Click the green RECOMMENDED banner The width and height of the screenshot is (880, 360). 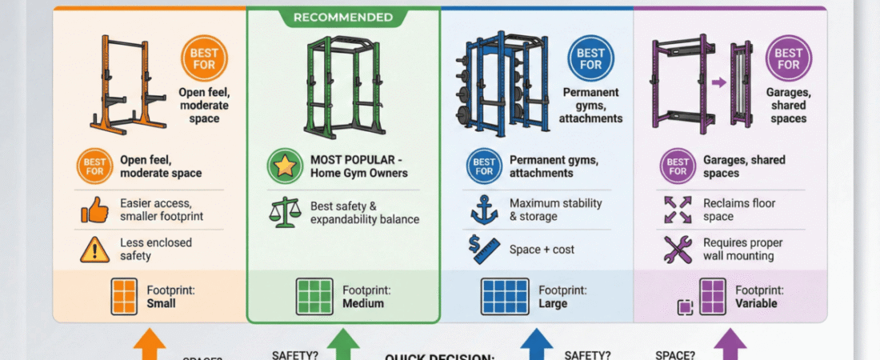click(x=343, y=17)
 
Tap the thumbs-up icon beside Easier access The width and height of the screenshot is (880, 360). click(x=94, y=210)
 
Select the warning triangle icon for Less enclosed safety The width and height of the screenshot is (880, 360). click(x=94, y=249)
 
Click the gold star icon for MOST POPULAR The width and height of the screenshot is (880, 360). click(x=286, y=166)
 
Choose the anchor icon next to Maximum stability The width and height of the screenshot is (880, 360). click(x=484, y=210)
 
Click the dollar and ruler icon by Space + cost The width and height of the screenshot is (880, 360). click(x=484, y=249)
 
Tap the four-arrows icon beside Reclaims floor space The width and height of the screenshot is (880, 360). click(x=677, y=210)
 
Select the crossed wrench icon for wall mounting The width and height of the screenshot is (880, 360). click(x=677, y=249)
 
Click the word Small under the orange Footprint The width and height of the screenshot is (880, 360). click(x=161, y=304)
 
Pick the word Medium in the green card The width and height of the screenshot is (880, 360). click(x=363, y=304)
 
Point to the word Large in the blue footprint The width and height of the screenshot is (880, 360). click(x=553, y=304)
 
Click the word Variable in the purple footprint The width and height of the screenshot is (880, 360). click(x=756, y=304)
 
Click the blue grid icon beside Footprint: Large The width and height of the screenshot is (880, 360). click(x=505, y=297)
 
